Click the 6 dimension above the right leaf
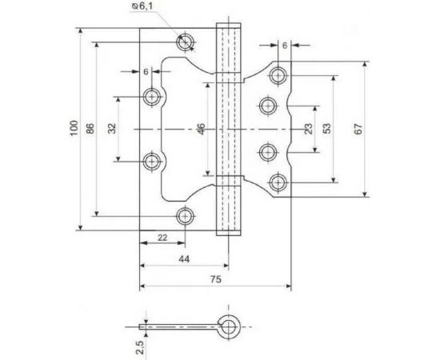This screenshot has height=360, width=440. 284,46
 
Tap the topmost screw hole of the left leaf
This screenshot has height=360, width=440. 186,42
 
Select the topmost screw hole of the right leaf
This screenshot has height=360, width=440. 278,75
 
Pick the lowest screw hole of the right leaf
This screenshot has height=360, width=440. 278,181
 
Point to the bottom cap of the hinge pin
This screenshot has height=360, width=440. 230,226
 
